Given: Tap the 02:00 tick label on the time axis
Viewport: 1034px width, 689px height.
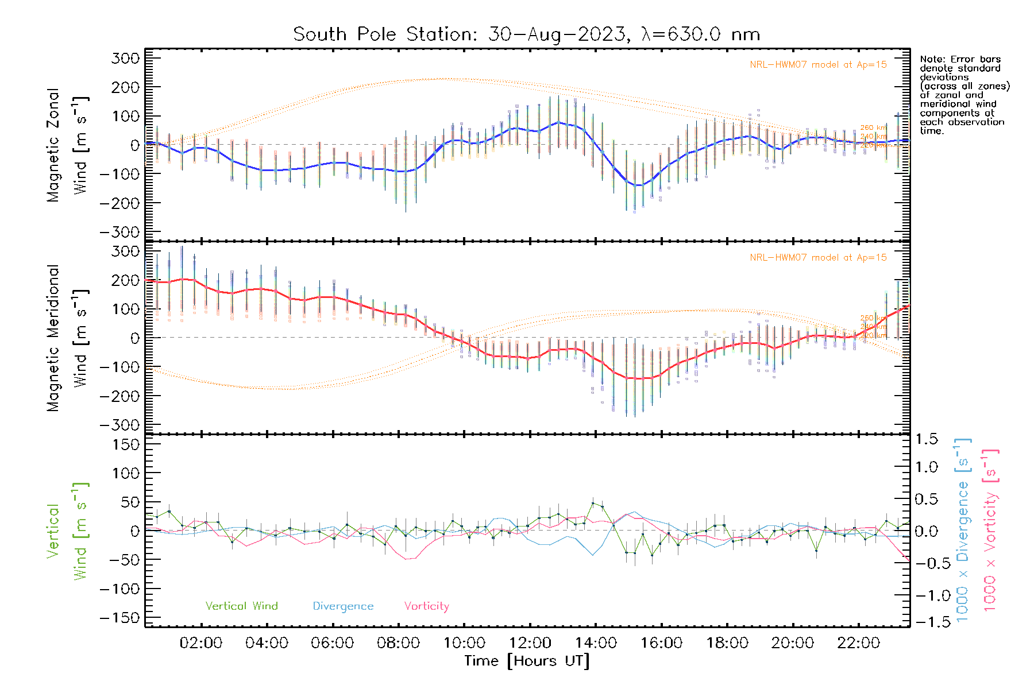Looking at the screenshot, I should pyautogui.click(x=200, y=643).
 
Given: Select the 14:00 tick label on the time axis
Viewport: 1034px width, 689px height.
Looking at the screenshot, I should pyautogui.click(x=596, y=643).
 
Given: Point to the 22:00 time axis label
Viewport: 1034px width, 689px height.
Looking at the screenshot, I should pyautogui.click(x=858, y=643).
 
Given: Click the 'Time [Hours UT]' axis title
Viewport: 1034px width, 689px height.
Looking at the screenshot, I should pyautogui.click(x=527, y=661).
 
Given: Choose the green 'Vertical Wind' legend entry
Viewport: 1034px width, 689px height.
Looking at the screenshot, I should pyautogui.click(x=241, y=606).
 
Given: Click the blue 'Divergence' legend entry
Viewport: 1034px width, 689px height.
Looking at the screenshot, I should pyautogui.click(x=343, y=606).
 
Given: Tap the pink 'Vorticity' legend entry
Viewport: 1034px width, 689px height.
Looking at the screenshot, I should pyautogui.click(x=426, y=606).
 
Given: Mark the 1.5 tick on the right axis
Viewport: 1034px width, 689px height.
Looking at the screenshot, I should pyautogui.click(x=927, y=439).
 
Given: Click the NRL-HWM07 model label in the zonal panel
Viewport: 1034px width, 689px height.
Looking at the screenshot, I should pyautogui.click(x=818, y=65).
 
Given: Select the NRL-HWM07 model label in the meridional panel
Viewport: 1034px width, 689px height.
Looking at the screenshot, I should pyautogui.click(x=818, y=258).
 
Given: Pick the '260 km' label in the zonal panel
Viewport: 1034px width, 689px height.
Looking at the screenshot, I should pyautogui.click(x=873, y=127).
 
